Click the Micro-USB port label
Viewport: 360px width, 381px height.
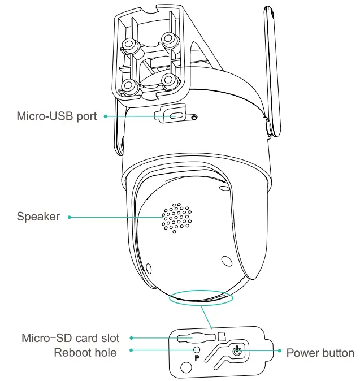pyautogui.click(x=57, y=116)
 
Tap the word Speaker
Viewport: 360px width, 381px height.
pyautogui.click(x=38, y=217)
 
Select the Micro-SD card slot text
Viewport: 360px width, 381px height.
pyautogui.click(x=70, y=338)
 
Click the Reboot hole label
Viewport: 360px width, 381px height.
pyautogui.click(x=85, y=353)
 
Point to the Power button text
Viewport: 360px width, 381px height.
pyautogui.click(x=320, y=353)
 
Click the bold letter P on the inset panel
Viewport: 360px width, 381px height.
pyautogui.click(x=197, y=358)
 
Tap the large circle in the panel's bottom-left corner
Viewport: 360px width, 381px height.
pyautogui.click(x=185, y=369)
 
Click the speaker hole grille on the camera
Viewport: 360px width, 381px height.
pyautogui.click(x=177, y=218)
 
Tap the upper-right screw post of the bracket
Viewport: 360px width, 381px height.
pyautogui.click(x=168, y=39)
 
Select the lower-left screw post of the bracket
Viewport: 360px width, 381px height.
pyautogui.click(x=129, y=86)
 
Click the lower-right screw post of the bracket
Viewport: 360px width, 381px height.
pyautogui.click(x=170, y=79)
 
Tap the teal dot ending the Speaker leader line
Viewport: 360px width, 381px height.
pyautogui.click(x=70, y=217)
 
